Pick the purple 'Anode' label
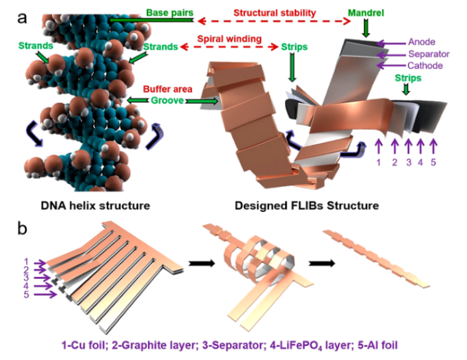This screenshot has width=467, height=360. (x=422, y=41)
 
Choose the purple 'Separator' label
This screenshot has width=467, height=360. (x=429, y=53)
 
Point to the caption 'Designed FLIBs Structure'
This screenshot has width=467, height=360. (x=306, y=205)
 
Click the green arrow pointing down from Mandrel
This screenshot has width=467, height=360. (x=365, y=29)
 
